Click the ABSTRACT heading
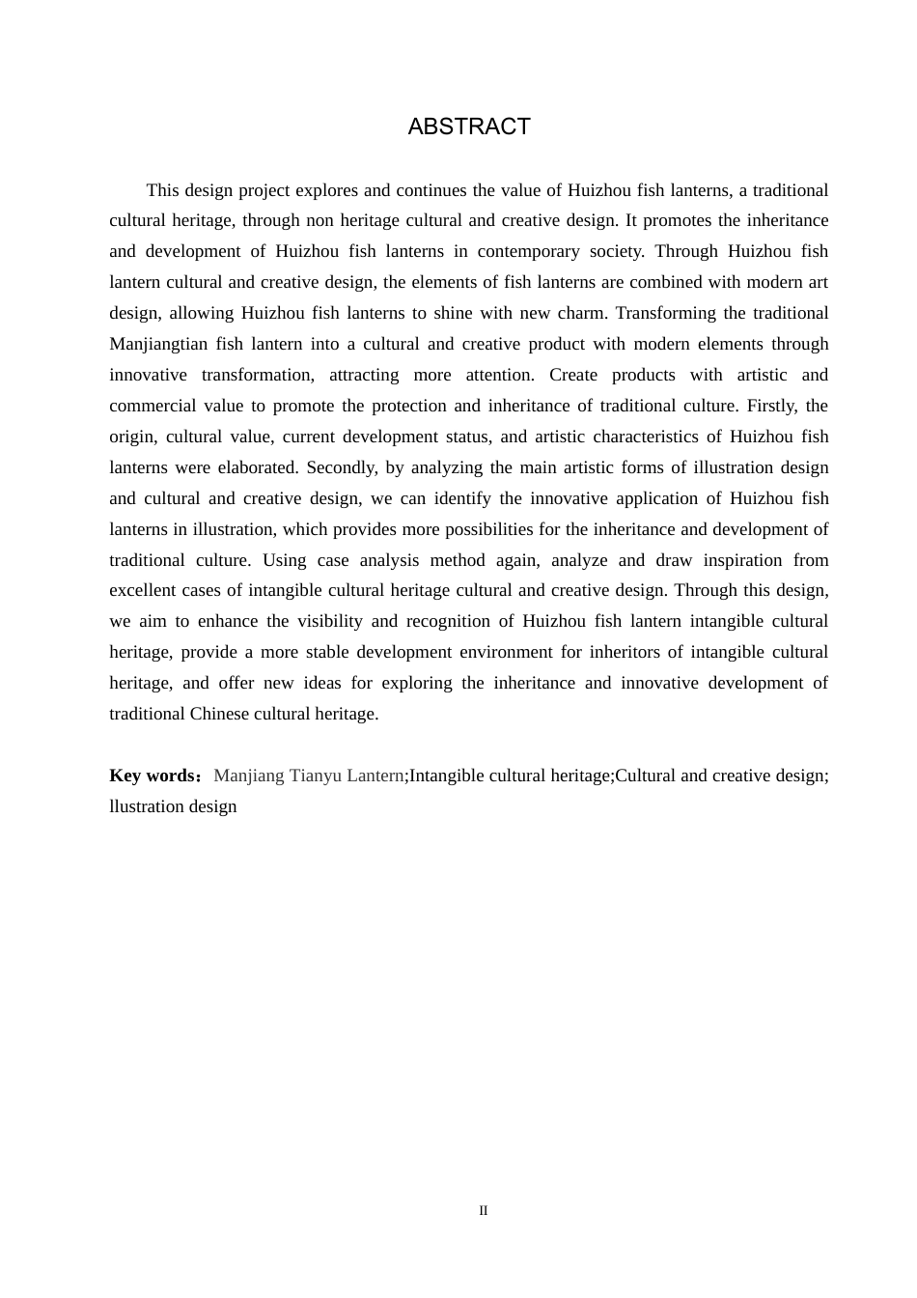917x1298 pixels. [x=469, y=127]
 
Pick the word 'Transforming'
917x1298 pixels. [x=665, y=313]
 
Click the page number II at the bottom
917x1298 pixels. [x=484, y=1211]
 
